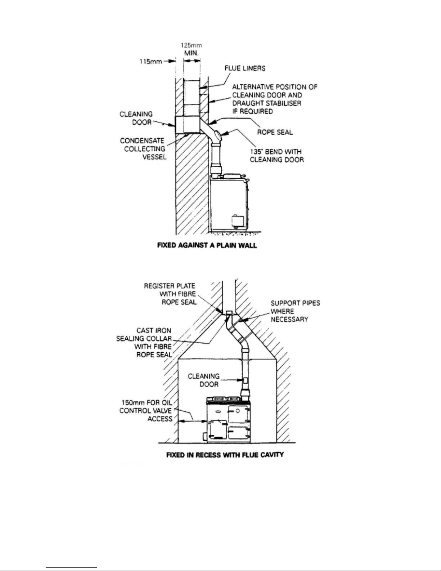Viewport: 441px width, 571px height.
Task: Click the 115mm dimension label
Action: [x=150, y=62]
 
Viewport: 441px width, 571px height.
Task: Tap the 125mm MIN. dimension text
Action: [x=192, y=49]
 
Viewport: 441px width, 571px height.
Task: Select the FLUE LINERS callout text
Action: [x=245, y=68]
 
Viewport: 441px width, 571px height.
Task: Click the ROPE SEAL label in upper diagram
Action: [x=275, y=132]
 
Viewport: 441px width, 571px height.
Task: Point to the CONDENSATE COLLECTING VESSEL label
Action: [x=143, y=149]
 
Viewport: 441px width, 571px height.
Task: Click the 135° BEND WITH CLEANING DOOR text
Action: [x=277, y=156]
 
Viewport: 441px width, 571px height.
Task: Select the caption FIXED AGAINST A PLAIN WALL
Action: [x=207, y=245]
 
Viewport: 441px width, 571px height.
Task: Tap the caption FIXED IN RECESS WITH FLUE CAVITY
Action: [x=225, y=455]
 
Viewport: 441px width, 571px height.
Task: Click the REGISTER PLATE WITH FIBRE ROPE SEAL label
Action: [x=170, y=294]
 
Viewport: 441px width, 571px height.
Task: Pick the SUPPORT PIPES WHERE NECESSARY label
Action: [x=295, y=311]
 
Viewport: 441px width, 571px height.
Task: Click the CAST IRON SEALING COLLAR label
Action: [x=144, y=342]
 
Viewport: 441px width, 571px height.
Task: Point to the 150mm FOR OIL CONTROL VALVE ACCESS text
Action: [x=146, y=410]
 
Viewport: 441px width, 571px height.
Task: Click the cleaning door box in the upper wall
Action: [x=188, y=125]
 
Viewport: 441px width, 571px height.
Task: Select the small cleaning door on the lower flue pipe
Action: [x=245, y=380]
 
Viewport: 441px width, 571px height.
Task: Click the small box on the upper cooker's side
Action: [x=237, y=221]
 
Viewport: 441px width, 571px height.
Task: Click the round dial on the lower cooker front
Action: [x=237, y=410]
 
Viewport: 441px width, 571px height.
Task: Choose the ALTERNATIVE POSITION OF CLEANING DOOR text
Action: [x=275, y=91]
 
